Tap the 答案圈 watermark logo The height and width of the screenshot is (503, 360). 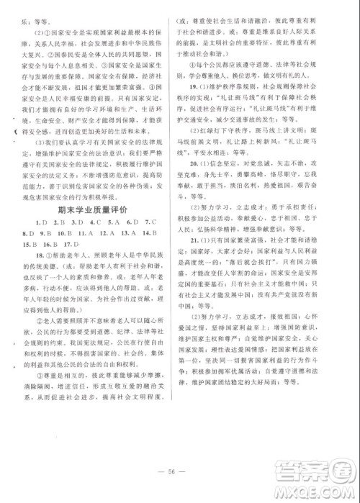[325, 475]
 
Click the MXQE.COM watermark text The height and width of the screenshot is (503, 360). [325, 494]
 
